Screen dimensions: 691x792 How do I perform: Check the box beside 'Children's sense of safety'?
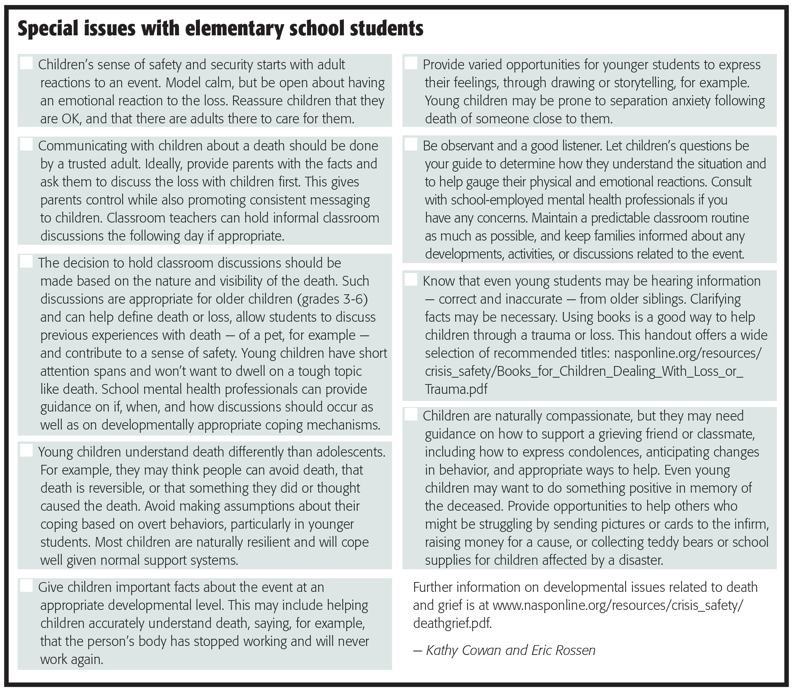tap(26, 63)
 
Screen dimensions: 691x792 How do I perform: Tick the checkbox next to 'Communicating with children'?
tap(26, 145)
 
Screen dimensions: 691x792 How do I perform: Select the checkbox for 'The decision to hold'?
tap(26, 262)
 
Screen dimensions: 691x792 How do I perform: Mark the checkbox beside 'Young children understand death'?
tap(26, 451)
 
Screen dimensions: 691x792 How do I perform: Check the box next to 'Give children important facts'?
tap(26, 586)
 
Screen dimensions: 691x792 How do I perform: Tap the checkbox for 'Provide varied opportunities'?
tap(411, 63)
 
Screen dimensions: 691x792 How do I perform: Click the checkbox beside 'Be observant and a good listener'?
tap(411, 145)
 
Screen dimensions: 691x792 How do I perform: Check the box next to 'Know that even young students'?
tap(411, 280)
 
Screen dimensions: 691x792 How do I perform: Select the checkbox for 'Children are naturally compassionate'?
tap(411, 415)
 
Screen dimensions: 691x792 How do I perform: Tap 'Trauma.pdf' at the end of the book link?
tap(456, 389)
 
